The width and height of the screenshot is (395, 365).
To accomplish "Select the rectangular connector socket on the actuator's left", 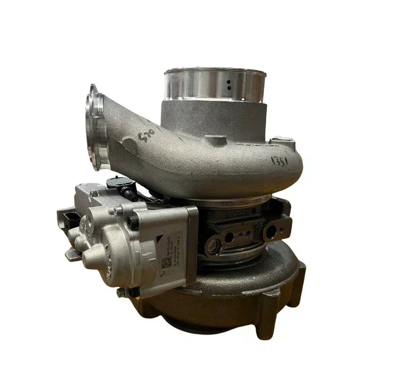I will (x=66, y=216).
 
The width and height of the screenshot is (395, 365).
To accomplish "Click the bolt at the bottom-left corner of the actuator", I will (x=120, y=292).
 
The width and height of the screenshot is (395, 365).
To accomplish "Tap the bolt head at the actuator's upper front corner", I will (x=117, y=211).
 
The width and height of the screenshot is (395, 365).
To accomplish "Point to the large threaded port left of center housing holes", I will (x=214, y=244).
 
